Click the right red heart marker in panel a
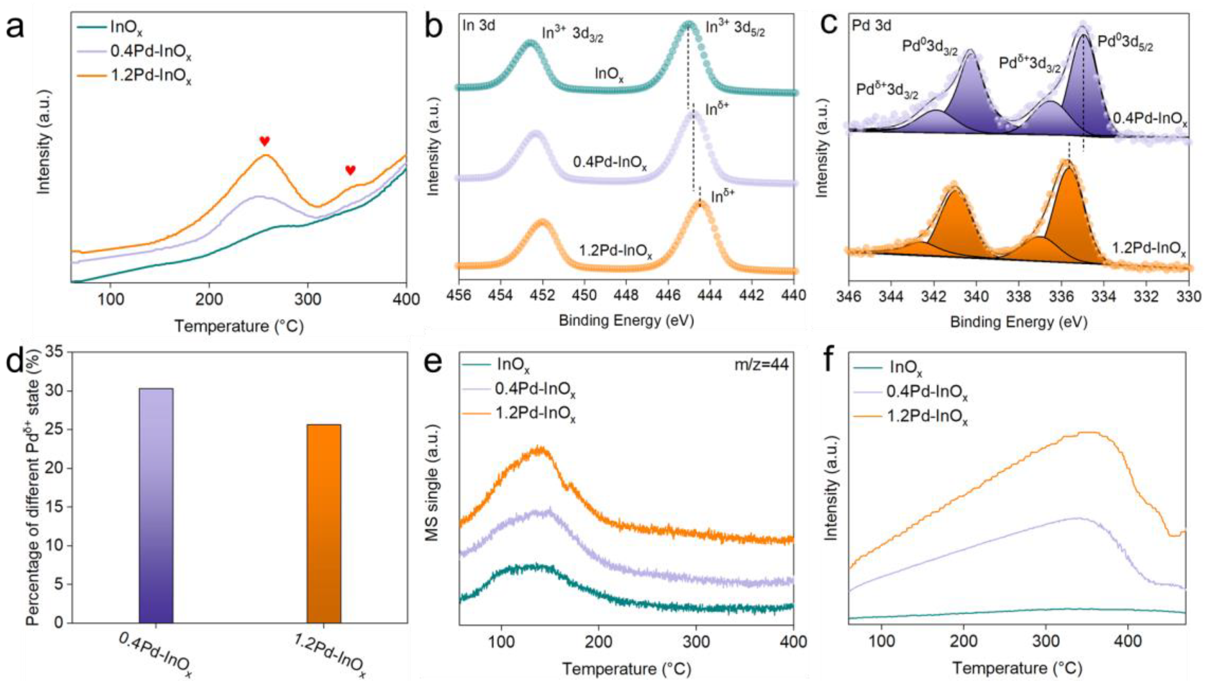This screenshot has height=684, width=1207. click(x=350, y=170)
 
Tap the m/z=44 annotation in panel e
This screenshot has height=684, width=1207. click(x=761, y=364)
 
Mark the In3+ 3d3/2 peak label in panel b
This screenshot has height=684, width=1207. click(x=572, y=34)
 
